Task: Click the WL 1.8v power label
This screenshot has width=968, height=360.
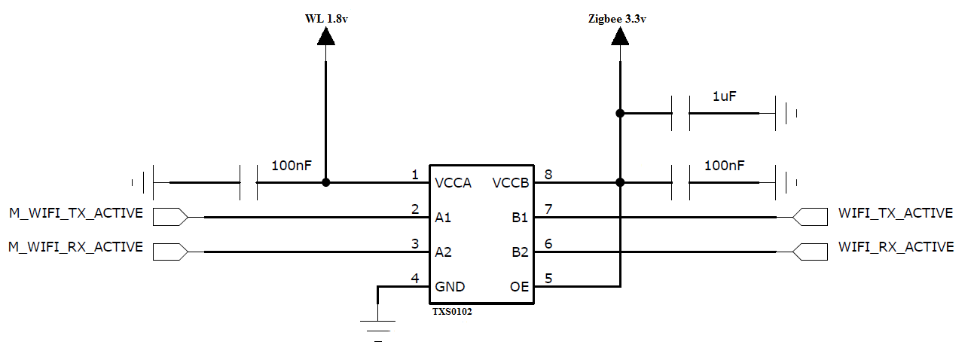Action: (325, 19)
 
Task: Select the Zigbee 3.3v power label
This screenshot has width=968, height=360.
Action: (617, 19)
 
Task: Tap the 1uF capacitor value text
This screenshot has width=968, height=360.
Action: (724, 96)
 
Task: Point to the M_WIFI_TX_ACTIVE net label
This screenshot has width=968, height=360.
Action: (75, 213)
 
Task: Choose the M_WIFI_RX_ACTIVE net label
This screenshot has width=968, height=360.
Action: (75, 247)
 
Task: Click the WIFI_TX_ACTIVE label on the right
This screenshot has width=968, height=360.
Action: (896, 213)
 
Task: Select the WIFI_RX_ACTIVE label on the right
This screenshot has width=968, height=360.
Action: (896, 247)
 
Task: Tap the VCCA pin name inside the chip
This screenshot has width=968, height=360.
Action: (453, 183)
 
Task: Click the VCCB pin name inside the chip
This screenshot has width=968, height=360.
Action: (511, 183)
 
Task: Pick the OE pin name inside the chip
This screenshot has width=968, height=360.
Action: (520, 286)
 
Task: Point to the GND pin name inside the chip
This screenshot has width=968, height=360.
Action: (450, 286)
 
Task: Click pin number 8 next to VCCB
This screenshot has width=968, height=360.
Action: (548, 175)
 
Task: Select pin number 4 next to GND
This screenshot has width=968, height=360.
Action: (414, 279)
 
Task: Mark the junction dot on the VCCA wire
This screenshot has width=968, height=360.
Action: (325, 182)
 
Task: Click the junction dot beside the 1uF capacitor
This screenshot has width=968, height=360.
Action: (619, 114)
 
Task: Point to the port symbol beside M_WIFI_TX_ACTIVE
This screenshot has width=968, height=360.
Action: (170, 217)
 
